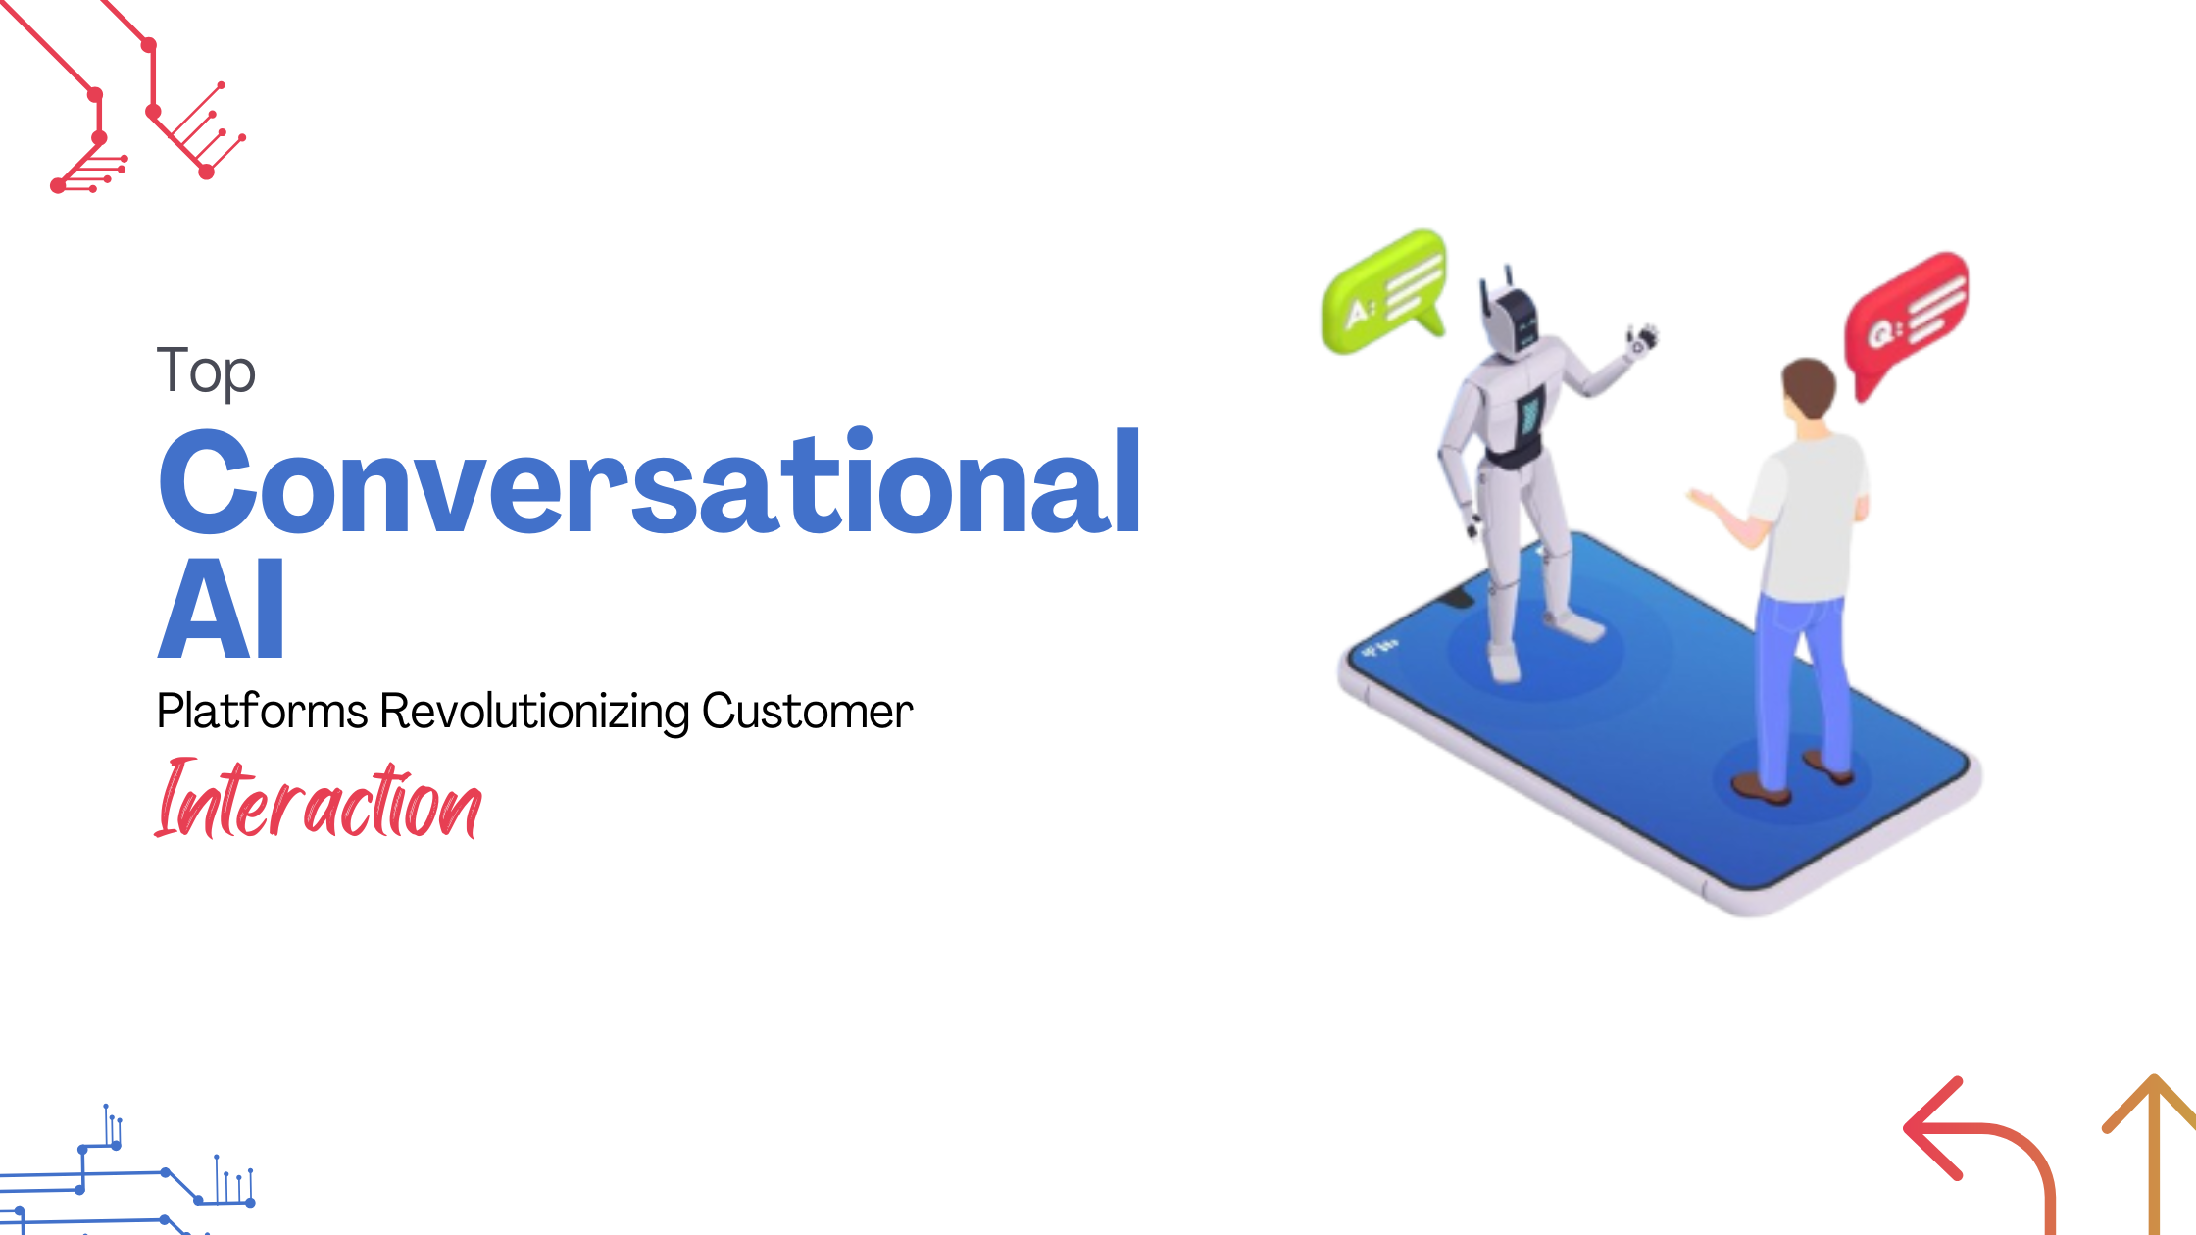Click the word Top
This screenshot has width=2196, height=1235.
(206, 371)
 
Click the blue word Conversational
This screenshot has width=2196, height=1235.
(649, 483)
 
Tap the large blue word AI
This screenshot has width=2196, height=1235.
(222, 610)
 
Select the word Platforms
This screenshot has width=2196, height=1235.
(262, 711)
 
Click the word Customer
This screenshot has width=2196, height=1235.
(807, 711)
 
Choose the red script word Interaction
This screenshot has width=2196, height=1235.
(318, 802)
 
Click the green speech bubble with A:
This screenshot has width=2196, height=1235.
(1383, 292)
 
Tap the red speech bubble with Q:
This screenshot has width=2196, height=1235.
(1906, 319)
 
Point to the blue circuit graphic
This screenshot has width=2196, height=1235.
(127, 1176)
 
